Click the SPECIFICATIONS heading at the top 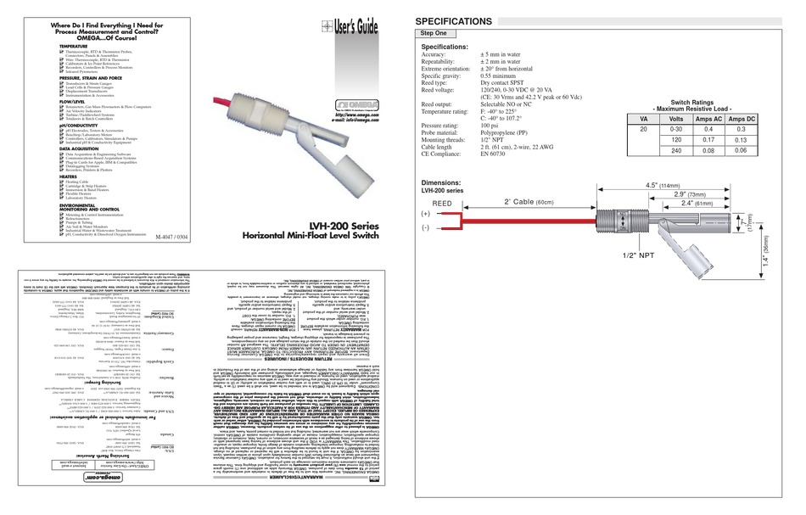(x=463, y=20)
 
